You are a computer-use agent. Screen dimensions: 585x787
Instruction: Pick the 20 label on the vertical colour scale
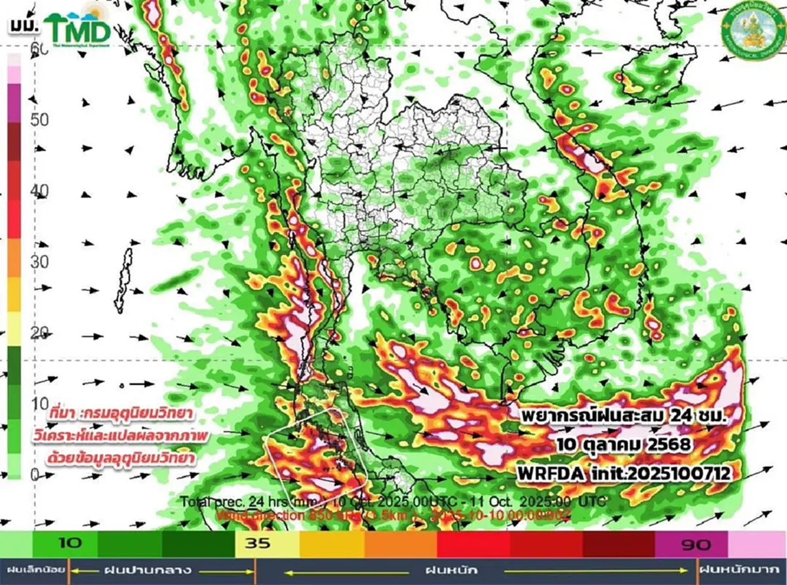pyautogui.click(x=39, y=333)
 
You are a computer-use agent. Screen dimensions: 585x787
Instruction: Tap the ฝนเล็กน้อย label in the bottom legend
pyautogui.click(x=33, y=570)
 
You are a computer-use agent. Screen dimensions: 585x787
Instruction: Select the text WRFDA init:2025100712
pyautogui.click(x=623, y=472)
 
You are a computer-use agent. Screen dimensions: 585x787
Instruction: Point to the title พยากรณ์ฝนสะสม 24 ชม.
pyautogui.click(x=620, y=416)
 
